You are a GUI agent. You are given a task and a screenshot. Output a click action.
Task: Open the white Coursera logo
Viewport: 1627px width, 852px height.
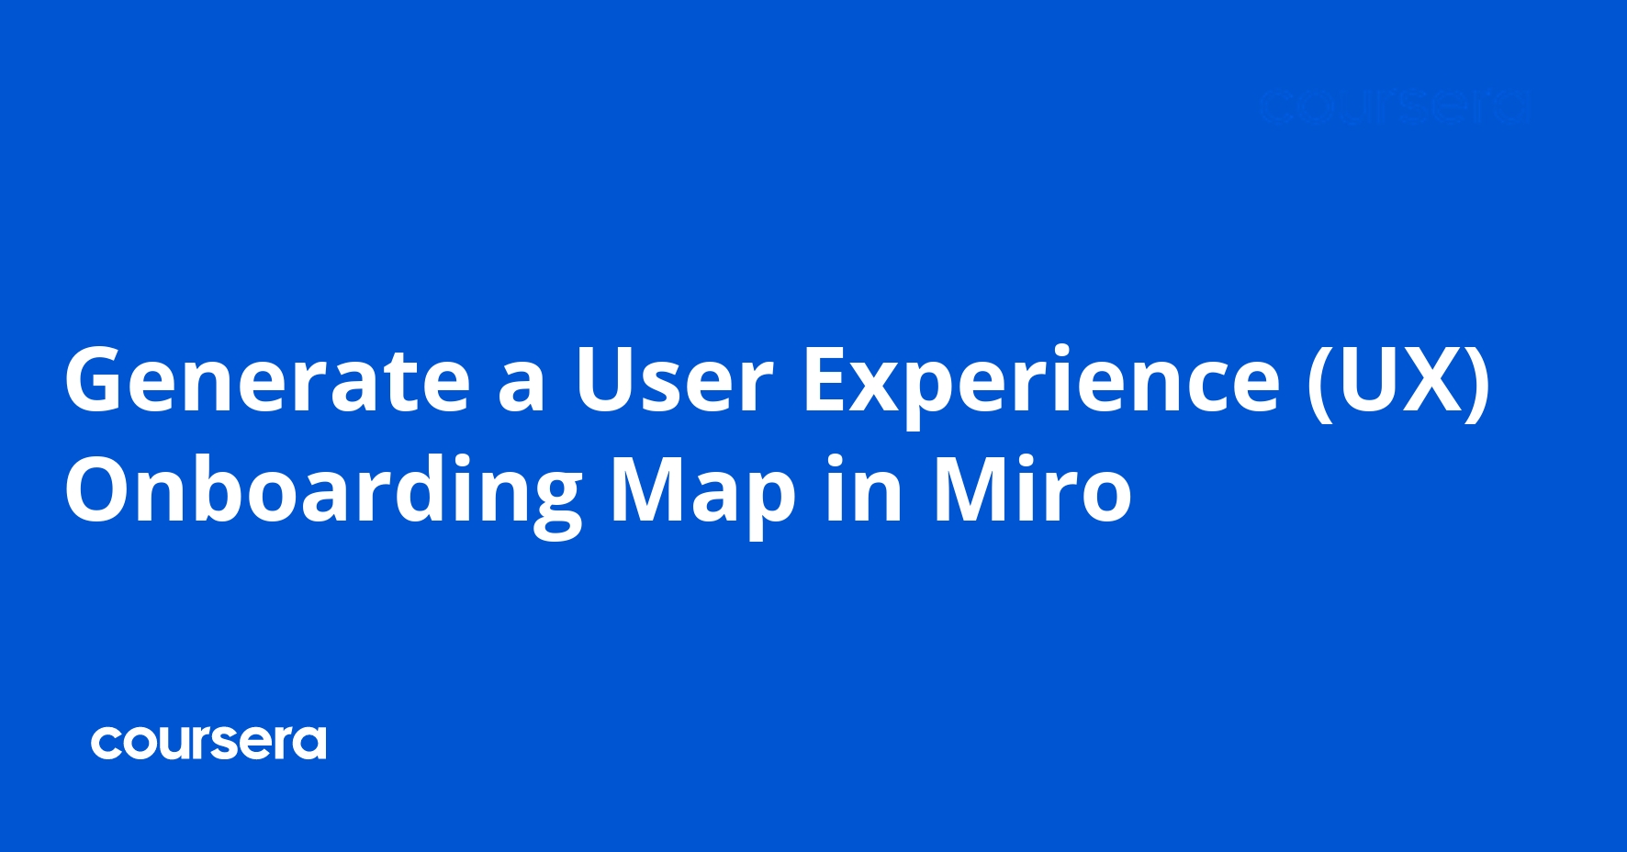point(208,743)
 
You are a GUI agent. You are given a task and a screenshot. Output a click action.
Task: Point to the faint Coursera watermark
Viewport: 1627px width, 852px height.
point(1394,107)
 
